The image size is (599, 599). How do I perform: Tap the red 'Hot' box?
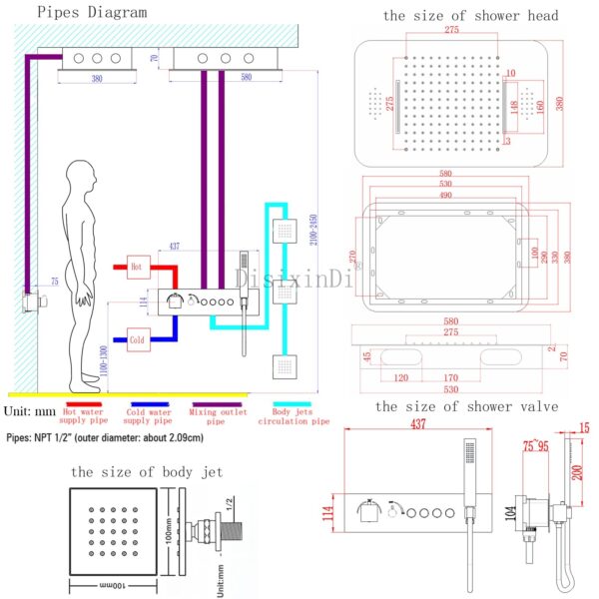(x=137, y=267)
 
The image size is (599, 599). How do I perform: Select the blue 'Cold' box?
(x=137, y=339)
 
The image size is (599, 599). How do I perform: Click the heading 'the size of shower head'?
(x=470, y=15)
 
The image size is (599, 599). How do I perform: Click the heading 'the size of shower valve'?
(x=466, y=406)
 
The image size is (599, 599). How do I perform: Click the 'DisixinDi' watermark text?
(x=294, y=281)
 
